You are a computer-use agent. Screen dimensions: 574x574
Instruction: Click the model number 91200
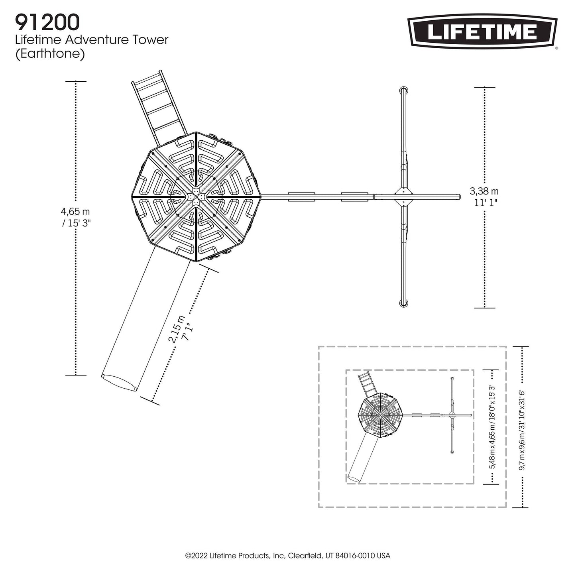coord(48,23)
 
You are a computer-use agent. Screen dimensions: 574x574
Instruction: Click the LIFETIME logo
coord(482,32)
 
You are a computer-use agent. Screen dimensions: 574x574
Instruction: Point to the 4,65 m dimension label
coord(75,212)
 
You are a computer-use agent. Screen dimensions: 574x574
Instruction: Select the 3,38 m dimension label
coord(484,191)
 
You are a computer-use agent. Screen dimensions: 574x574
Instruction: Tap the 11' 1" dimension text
coord(486,202)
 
